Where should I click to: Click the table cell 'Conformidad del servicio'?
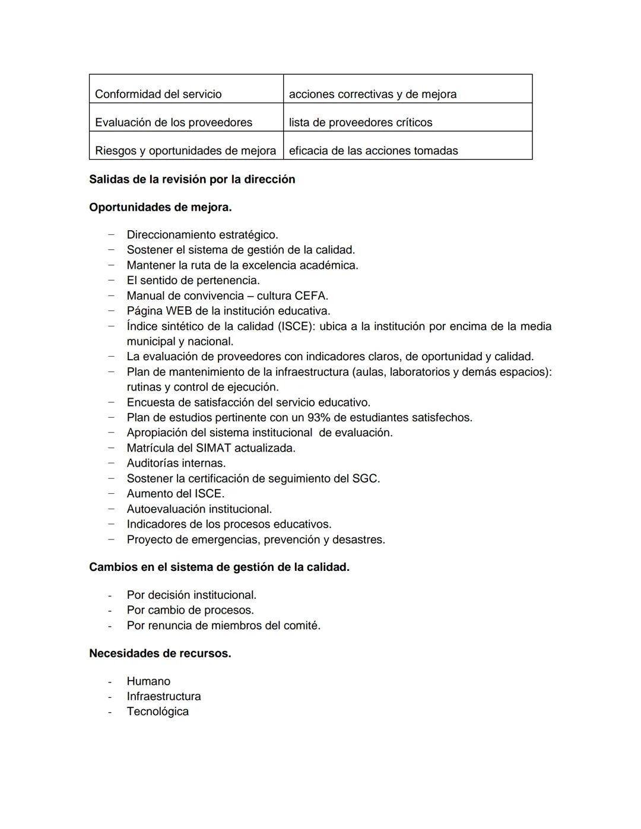click(x=158, y=94)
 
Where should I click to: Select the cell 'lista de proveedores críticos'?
click(x=360, y=122)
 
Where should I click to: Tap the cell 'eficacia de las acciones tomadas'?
click(x=373, y=151)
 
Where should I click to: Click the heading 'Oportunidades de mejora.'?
click(x=160, y=208)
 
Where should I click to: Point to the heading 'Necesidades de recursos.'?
click(x=160, y=653)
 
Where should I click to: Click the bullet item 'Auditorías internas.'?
click(x=176, y=463)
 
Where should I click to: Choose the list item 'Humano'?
click(x=148, y=681)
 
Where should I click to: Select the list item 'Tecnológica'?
click(x=157, y=712)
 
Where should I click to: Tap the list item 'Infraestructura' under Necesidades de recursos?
click(x=164, y=697)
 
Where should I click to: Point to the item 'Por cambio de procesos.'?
click(x=190, y=610)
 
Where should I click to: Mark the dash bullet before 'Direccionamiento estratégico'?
click(x=110, y=234)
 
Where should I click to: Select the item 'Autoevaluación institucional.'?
click(x=199, y=509)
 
